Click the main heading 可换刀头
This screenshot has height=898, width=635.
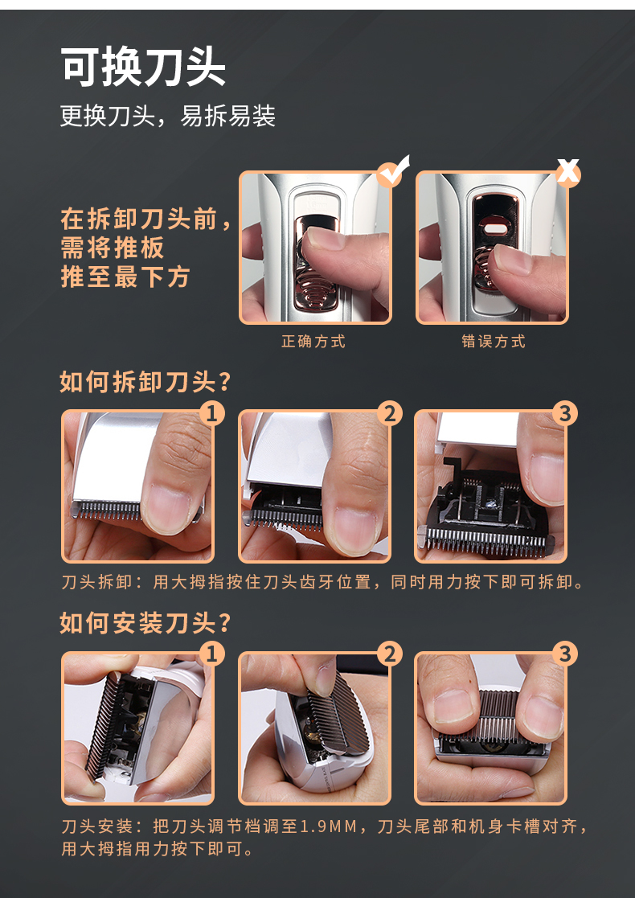tap(143, 68)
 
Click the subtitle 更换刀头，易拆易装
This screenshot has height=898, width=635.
tap(168, 117)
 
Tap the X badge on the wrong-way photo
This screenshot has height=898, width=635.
tap(567, 172)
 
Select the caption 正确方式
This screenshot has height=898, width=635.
tap(313, 342)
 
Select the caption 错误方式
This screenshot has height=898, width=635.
tap(494, 342)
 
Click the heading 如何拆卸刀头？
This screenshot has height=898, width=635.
tap(145, 382)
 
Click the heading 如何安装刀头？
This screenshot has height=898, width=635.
tap(145, 623)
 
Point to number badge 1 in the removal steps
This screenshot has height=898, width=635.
tap(212, 413)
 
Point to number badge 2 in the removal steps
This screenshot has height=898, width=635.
tap(389, 413)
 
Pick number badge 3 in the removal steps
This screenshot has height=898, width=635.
tap(565, 413)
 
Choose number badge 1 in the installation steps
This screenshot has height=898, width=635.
tap(212, 654)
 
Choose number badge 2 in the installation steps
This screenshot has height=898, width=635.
tap(389, 654)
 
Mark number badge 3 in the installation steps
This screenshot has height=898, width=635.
tap(565, 654)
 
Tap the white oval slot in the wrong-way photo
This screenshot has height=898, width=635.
tap(495, 228)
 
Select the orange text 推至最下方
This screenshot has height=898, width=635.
tap(125, 277)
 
